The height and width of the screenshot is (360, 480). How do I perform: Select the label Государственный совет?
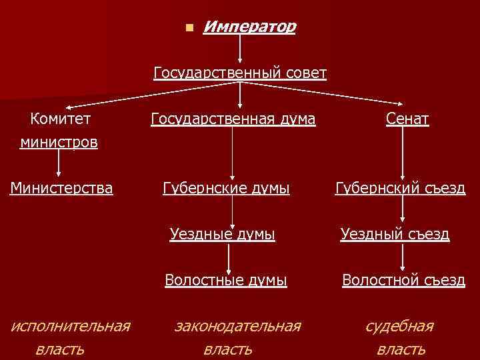240,72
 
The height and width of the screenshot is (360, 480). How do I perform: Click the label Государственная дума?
233,119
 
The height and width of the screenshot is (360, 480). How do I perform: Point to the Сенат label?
407,119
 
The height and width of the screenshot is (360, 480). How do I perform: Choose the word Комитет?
61,119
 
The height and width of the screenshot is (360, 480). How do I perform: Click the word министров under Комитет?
59,142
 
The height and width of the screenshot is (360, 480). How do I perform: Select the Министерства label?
61,189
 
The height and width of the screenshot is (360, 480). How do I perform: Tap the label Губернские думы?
226,189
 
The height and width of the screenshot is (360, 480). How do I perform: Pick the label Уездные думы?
222,234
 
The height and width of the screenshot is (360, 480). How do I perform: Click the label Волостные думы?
226,281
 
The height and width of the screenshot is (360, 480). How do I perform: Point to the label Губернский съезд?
400,189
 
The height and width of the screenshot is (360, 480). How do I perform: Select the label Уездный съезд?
395,234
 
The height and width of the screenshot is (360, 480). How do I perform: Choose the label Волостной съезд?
403,281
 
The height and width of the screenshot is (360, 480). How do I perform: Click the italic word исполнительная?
71,326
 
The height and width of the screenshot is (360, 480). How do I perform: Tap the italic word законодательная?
237,326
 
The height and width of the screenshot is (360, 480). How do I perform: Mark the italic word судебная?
400,326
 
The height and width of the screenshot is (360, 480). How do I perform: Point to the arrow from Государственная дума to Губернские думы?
232,153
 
